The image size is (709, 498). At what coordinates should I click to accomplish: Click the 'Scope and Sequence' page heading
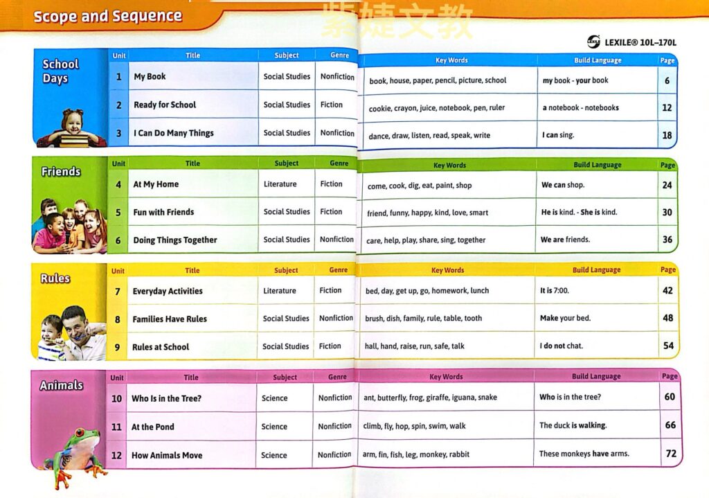(x=108, y=17)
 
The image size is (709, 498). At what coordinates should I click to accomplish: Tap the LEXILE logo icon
(x=593, y=42)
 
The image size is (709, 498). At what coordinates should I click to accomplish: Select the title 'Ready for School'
(x=165, y=105)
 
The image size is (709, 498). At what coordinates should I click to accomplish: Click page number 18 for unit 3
(x=667, y=135)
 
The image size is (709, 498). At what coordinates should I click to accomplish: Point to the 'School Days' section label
(x=60, y=71)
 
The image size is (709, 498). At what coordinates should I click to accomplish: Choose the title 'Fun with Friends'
(x=163, y=212)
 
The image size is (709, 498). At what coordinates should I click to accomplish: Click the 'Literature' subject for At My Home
(x=280, y=184)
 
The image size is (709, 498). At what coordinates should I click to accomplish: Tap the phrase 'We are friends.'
(x=566, y=240)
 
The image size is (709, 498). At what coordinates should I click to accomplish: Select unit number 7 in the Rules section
(x=118, y=292)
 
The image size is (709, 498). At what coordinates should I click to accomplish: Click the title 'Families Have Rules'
(x=170, y=319)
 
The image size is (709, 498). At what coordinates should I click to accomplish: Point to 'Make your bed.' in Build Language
(x=564, y=319)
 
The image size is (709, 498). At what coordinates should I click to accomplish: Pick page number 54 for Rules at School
(x=668, y=346)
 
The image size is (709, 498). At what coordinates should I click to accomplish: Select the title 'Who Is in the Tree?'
(x=167, y=398)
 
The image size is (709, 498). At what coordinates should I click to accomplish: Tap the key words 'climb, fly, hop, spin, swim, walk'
(x=415, y=426)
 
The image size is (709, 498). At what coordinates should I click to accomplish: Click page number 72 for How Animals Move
(x=670, y=454)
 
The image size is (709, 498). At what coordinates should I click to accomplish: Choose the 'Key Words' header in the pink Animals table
(x=446, y=377)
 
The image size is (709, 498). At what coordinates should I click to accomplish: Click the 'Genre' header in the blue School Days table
(x=340, y=55)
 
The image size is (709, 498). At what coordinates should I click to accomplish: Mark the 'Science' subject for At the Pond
(x=274, y=427)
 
